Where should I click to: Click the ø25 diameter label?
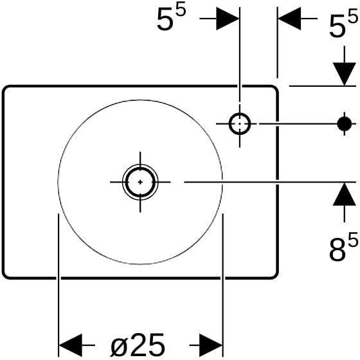(x=138, y=345)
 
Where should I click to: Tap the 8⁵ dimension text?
(x=343, y=246)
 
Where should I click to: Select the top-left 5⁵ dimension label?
(x=171, y=19)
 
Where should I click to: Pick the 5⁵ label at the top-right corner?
(x=343, y=24)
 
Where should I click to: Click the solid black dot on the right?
(x=345, y=123)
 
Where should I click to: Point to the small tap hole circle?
(x=240, y=123)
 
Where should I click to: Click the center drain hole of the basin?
(x=140, y=182)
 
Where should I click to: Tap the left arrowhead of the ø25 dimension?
(x=71, y=345)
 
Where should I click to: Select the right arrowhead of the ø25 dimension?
(x=211, y=345)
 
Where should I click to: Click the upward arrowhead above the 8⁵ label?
(x=345, y=194)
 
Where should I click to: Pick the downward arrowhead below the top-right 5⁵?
(x=345, y=74)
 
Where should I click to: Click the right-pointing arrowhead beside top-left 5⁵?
(x=228, y=19)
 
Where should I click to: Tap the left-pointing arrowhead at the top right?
(x=289, y=19)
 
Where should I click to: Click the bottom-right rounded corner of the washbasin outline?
(x=276, y=276)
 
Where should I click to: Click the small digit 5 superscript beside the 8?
(x=353, y=239)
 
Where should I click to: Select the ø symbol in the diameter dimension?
(x=119, y=346)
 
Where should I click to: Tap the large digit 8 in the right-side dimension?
(x=337, y=250)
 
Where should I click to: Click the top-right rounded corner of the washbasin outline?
(x=276, y=88)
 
